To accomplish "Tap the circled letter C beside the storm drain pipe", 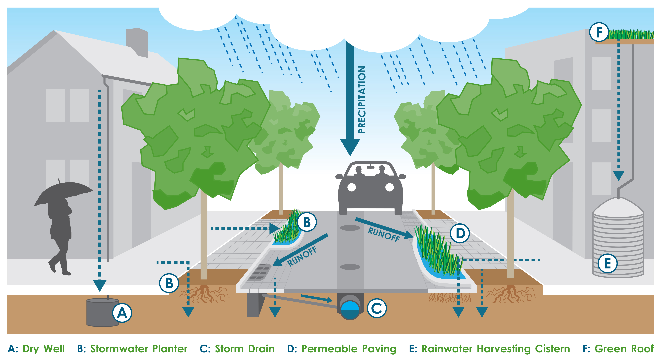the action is tap(377, 308).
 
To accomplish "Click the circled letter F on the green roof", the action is tap(599, 32).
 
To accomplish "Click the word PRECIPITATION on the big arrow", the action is tap(362, 100).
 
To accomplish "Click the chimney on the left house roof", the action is tap(137, 42).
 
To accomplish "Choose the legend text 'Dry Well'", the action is tap(44, 349).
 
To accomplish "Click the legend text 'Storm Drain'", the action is tap(245, 349).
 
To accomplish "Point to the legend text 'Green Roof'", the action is tap(624, 349).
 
